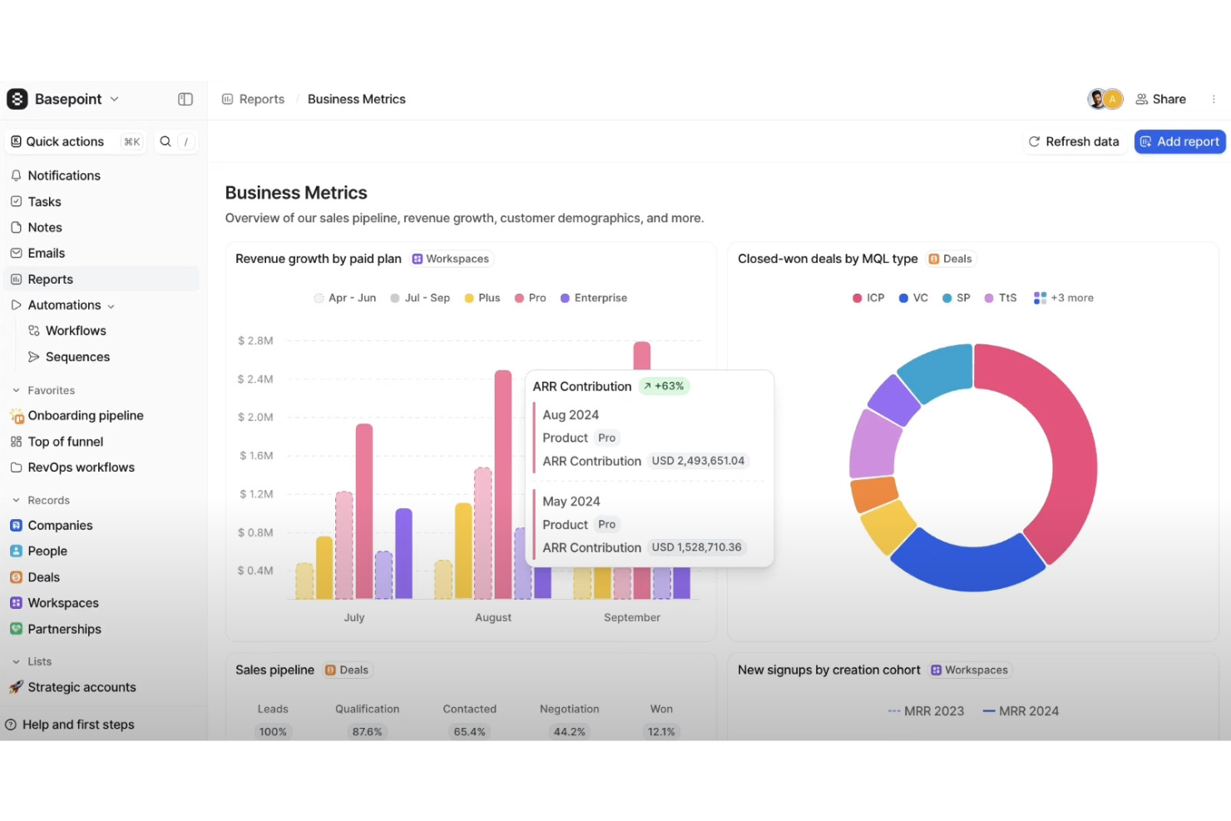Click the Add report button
1179,141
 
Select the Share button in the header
1161,99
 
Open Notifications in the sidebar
64,176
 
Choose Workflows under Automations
76,330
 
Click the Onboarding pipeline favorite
85,416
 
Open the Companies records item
60,526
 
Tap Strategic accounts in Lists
82,687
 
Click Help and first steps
78,725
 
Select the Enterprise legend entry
594,298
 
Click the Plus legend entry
482,298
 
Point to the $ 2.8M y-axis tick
255,341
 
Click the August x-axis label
493,617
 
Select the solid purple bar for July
403,553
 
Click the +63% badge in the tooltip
664,386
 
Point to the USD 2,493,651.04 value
698,461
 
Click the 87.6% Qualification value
367,732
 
